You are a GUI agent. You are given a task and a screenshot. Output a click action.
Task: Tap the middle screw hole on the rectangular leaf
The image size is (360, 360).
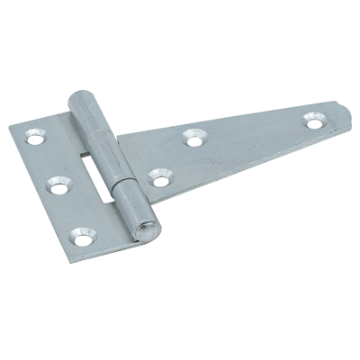[58, 188]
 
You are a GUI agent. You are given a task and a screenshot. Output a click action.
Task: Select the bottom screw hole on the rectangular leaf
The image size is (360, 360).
[82, 239]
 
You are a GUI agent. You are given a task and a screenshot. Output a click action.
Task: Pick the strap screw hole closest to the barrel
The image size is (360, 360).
[160, 180]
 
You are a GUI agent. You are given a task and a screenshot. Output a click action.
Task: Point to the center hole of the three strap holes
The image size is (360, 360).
[193, 138]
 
